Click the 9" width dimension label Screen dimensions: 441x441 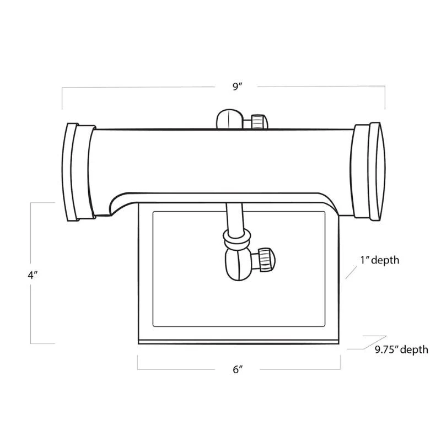pyautogui.click(x=238, y=87)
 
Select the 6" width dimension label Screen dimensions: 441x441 pyautogui.click(x=238, y=370)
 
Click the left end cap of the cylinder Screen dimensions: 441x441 pyautogui.click(x=76, y=171)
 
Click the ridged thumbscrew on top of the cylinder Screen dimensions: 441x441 pyautogui.click(x=258, y=121)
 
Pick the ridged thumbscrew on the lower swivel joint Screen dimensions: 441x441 pyautogui.click(x=265, y=257)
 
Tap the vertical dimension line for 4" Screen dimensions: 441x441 pyautogui.click(x=31, y=309)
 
